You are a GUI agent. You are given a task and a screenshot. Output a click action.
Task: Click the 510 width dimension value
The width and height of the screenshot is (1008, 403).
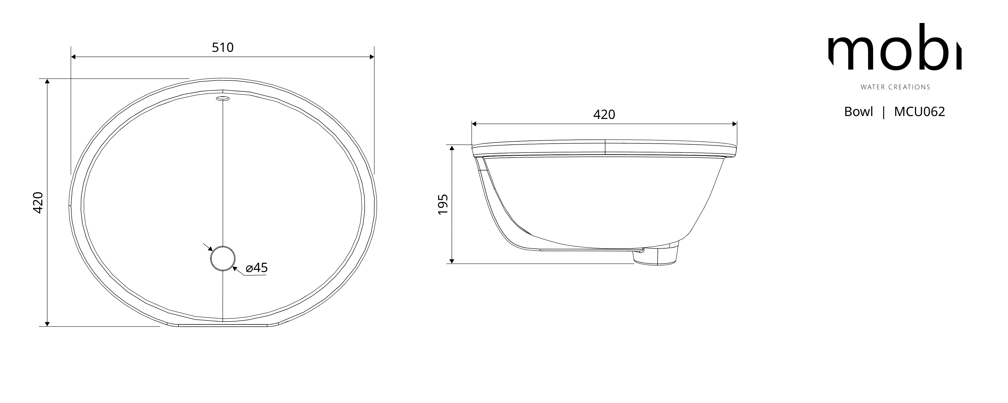pos(223,47)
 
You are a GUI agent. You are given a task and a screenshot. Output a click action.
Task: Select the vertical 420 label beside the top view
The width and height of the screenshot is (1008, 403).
pos(38,202)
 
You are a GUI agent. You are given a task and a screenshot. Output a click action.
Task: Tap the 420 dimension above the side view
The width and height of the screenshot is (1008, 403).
pos(604,114)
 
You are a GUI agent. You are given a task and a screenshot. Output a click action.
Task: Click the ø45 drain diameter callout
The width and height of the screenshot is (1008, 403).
pos(257,268)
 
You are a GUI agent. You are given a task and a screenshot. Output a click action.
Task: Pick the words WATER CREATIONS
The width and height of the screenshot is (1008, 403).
pos(895,87)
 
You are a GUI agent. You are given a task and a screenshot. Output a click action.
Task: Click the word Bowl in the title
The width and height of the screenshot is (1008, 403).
pos(859,112)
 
